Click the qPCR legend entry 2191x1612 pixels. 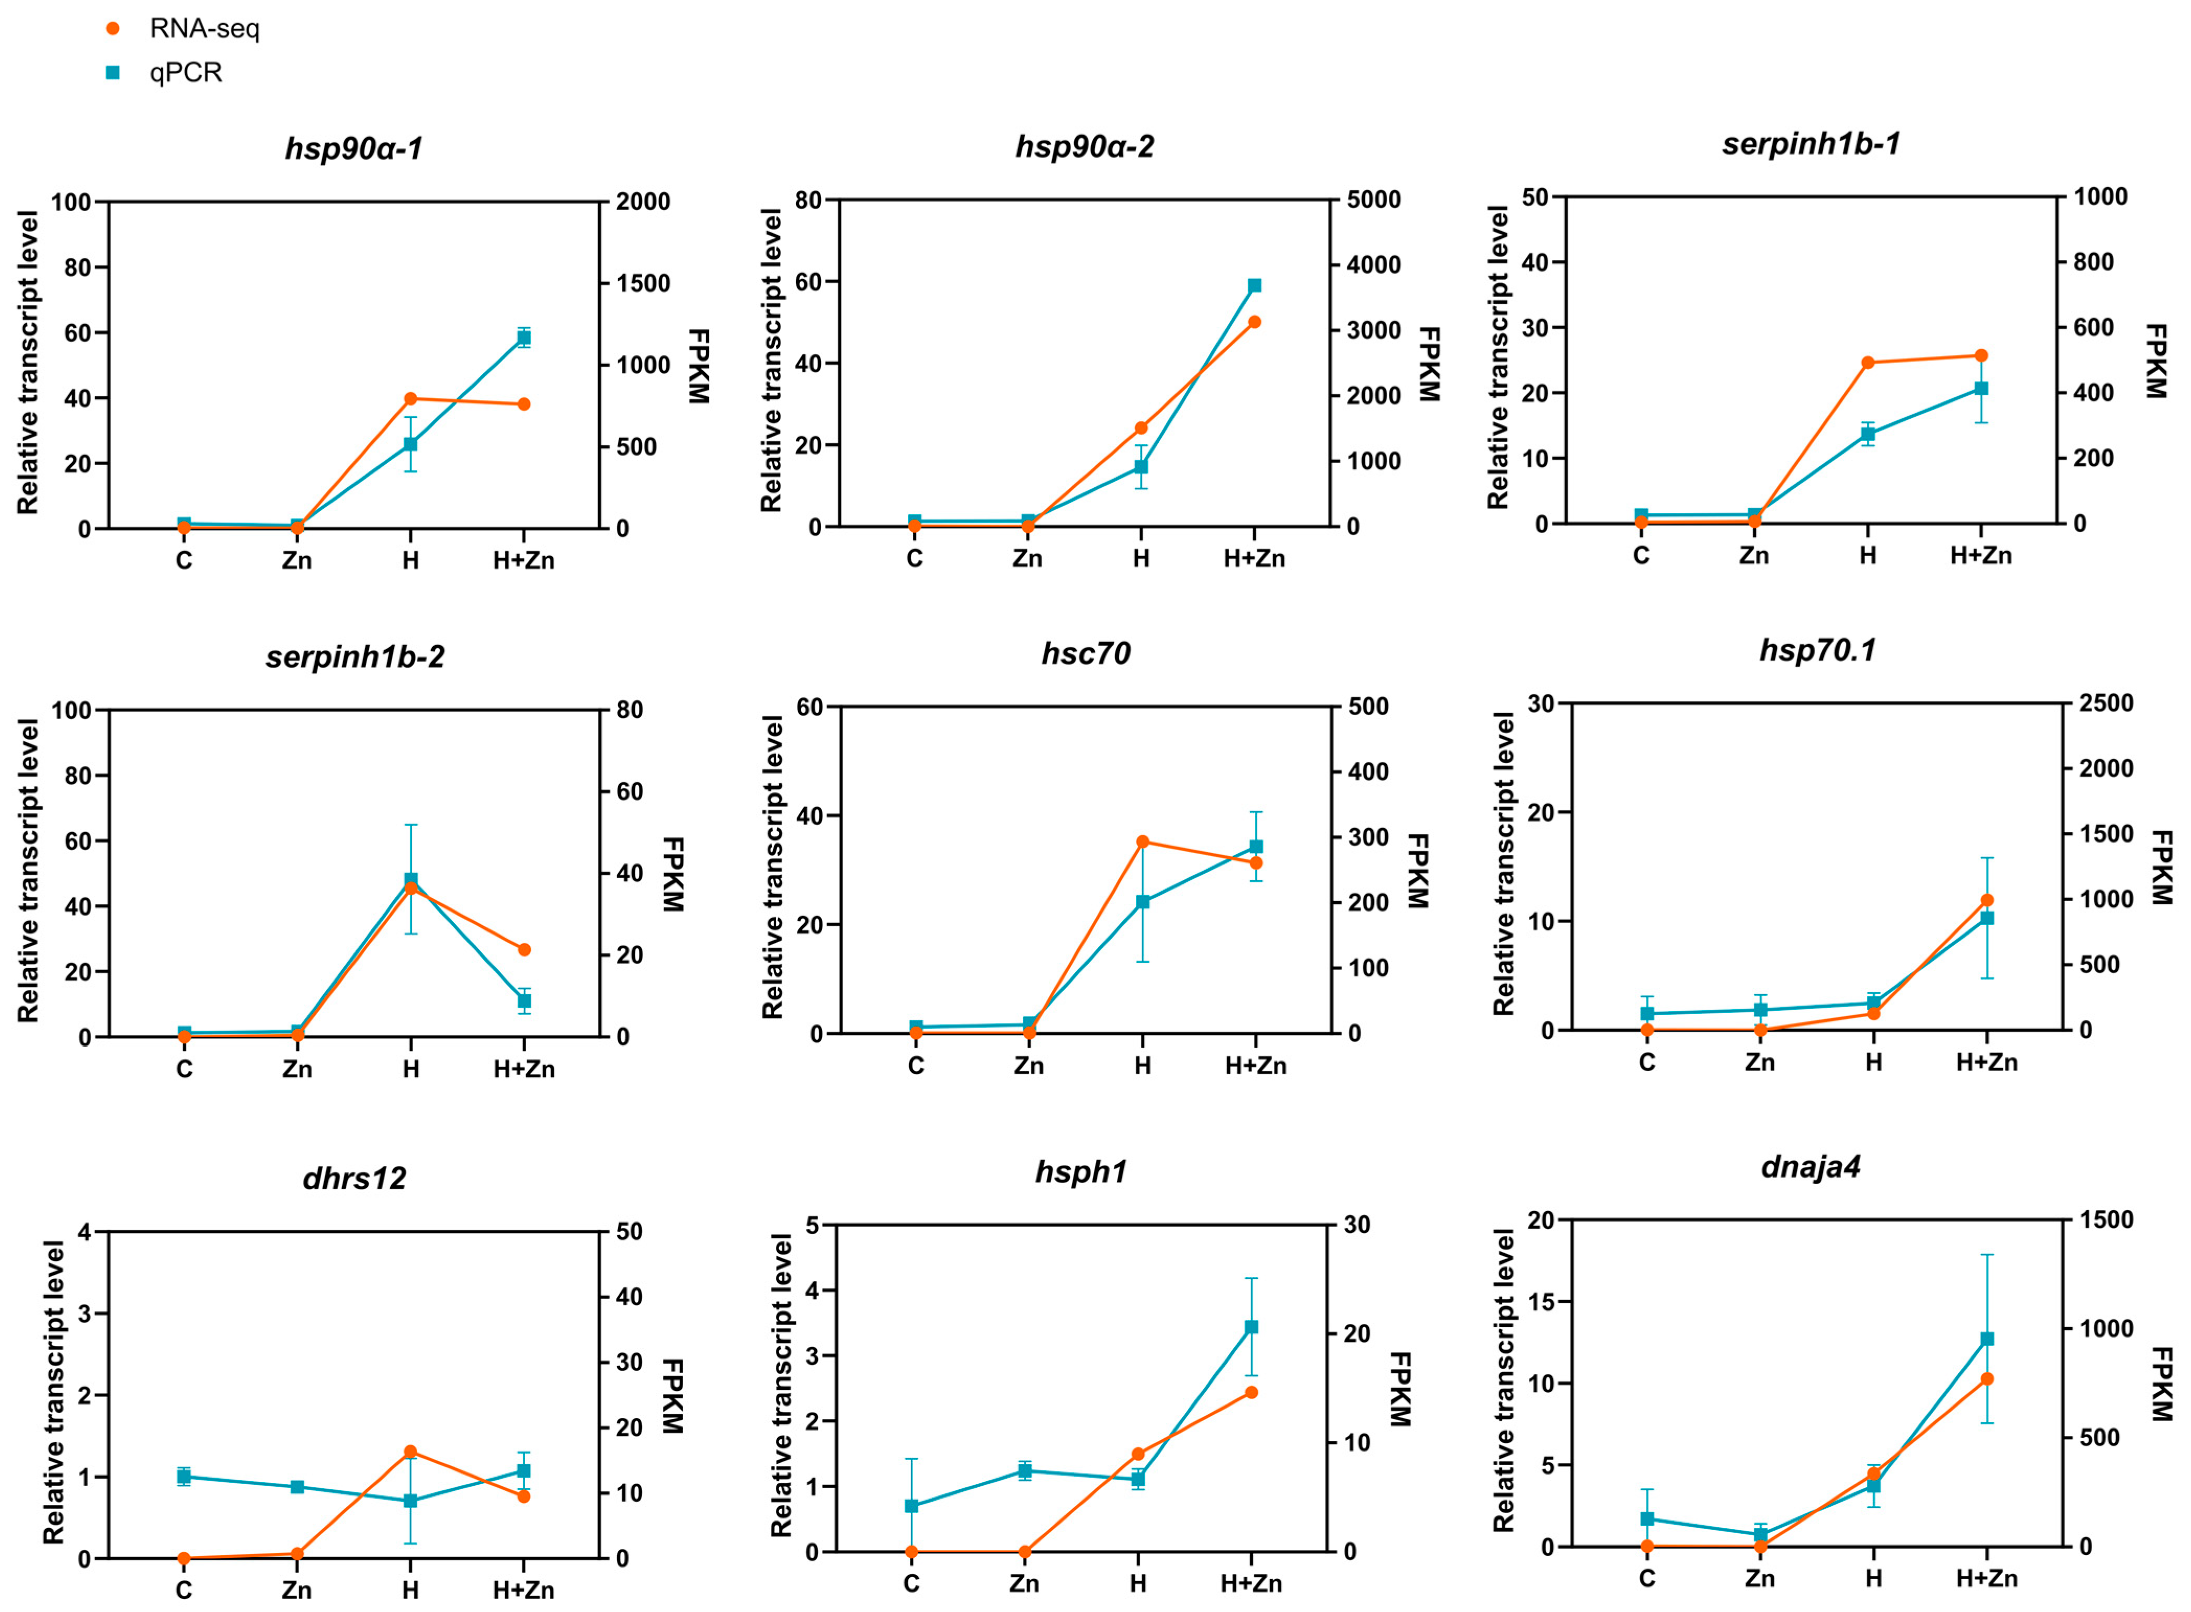(164, 72)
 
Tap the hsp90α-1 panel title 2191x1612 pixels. (353, 148)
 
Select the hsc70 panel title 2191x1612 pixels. (1085, 653)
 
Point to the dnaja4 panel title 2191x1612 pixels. (1810, 1166)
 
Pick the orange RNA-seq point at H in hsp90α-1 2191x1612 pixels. (411, 398)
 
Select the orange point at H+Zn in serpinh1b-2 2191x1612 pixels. (524, 949)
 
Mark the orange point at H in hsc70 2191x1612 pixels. (1143, 841)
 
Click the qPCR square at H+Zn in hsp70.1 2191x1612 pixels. (1987, 918)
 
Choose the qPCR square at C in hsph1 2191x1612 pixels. (911, 1506)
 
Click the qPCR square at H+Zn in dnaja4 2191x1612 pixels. (1987, 1339)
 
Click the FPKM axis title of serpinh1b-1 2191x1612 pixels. (2155, 361)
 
